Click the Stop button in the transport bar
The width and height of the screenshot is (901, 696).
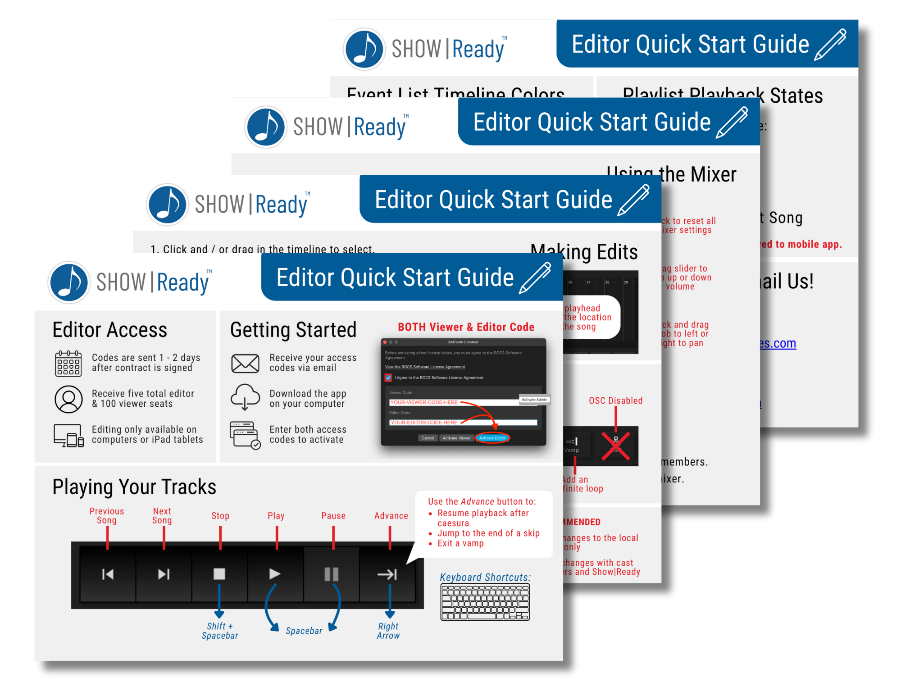tap(219, 573)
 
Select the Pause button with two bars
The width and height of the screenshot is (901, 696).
tap(332, 573)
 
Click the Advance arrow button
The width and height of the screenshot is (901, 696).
tap(387, 573)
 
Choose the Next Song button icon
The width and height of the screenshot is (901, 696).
tap(164, 573)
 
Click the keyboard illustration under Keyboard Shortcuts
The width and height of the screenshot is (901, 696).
tap(485, 602)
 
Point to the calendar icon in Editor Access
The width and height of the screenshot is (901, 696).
tap(68, 363)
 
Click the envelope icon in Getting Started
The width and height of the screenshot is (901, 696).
tap(245, 363)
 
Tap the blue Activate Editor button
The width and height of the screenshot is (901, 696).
tap(492, 438)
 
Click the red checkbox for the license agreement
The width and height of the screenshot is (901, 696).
tap(388, 378)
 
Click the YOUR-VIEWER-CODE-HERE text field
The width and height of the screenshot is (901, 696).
tap(453, 402)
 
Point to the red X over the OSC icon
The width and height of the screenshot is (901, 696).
tap(616, 446)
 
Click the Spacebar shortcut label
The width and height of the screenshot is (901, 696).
tap(304, 631)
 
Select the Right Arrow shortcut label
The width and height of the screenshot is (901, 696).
tap(388, 631)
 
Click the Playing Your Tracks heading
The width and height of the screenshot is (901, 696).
tap(134, 487)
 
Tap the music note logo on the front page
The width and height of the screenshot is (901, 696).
tap(69, 282)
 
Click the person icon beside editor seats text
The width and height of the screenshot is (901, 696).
tap(68, 399)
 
